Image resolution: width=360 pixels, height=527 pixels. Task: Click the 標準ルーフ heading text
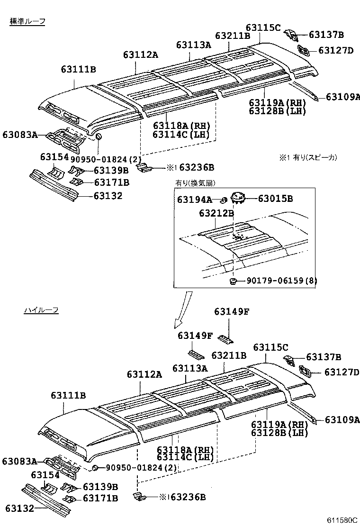pyautogui.click(x=27, y=22)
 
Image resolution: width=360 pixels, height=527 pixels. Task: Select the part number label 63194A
pyautogui.click(x=195, y=200)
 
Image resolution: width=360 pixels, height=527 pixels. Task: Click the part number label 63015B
pyautogui.click(x=275, y=198)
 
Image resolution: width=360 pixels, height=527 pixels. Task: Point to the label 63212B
pyautogui.click(x=216, y=213)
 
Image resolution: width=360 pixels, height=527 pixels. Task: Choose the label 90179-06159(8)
pyautogui.click(x=281, y=281)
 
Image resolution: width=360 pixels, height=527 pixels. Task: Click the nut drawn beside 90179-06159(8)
pyautogui.click(x=234, y=282)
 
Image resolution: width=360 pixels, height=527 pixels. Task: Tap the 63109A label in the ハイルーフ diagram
pyautogui.click(x=342, y=419)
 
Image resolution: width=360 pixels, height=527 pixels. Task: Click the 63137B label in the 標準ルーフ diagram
pyautogui.click(x=326, y=35)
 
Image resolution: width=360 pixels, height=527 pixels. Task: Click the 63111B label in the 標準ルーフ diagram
pyautogui.click(x=78, y=70)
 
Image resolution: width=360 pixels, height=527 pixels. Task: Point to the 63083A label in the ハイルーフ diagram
pyautogui.click(x=19, y=461)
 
